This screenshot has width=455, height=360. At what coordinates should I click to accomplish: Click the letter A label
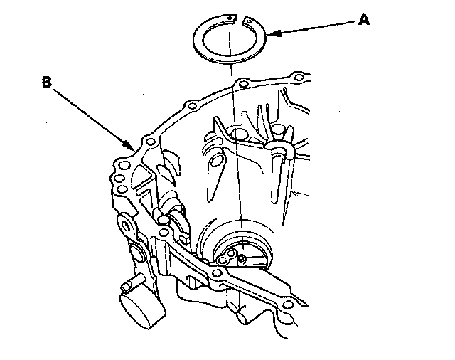click(364, 20)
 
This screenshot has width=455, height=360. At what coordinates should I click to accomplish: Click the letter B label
click(46, 83)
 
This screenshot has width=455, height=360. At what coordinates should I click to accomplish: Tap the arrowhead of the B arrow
click(135, 147)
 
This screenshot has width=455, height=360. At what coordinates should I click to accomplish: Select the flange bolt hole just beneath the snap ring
click(244, 85)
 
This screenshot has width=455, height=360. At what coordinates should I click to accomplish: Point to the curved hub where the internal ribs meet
click(278, 146)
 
